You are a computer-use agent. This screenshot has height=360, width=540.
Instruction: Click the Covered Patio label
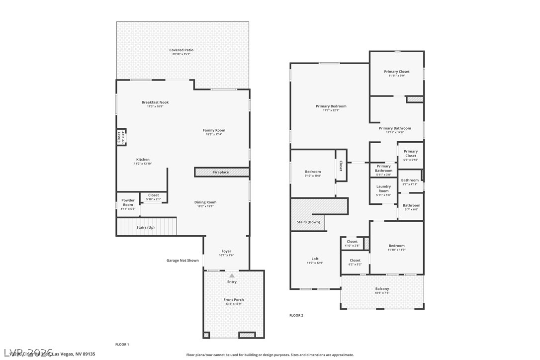(181, 50)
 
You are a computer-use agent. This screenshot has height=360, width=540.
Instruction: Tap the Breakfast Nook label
(155, 102)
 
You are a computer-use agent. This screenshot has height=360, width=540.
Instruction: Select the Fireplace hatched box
(221, 172)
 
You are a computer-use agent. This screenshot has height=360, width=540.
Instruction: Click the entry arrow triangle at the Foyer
(232, 275)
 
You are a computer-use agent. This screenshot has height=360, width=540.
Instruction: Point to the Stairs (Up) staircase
(146, 227)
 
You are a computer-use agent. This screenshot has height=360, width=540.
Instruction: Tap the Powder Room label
(128, 203)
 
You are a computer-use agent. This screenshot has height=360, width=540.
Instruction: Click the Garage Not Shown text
(182, 261)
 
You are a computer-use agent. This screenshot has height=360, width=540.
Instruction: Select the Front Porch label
(233, 300)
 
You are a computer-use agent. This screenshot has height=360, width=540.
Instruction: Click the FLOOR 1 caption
(122, 344)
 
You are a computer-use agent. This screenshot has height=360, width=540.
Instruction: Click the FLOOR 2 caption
(296, 315)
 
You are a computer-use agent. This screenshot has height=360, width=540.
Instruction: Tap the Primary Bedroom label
(331, 106)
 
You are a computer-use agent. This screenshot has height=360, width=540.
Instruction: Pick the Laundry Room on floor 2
(383, 188)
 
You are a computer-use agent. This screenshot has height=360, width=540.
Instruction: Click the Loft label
(315, 259)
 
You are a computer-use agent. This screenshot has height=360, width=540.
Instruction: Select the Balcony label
(382, 289)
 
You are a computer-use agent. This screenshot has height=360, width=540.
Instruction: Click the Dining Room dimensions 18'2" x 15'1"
(205, 206)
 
